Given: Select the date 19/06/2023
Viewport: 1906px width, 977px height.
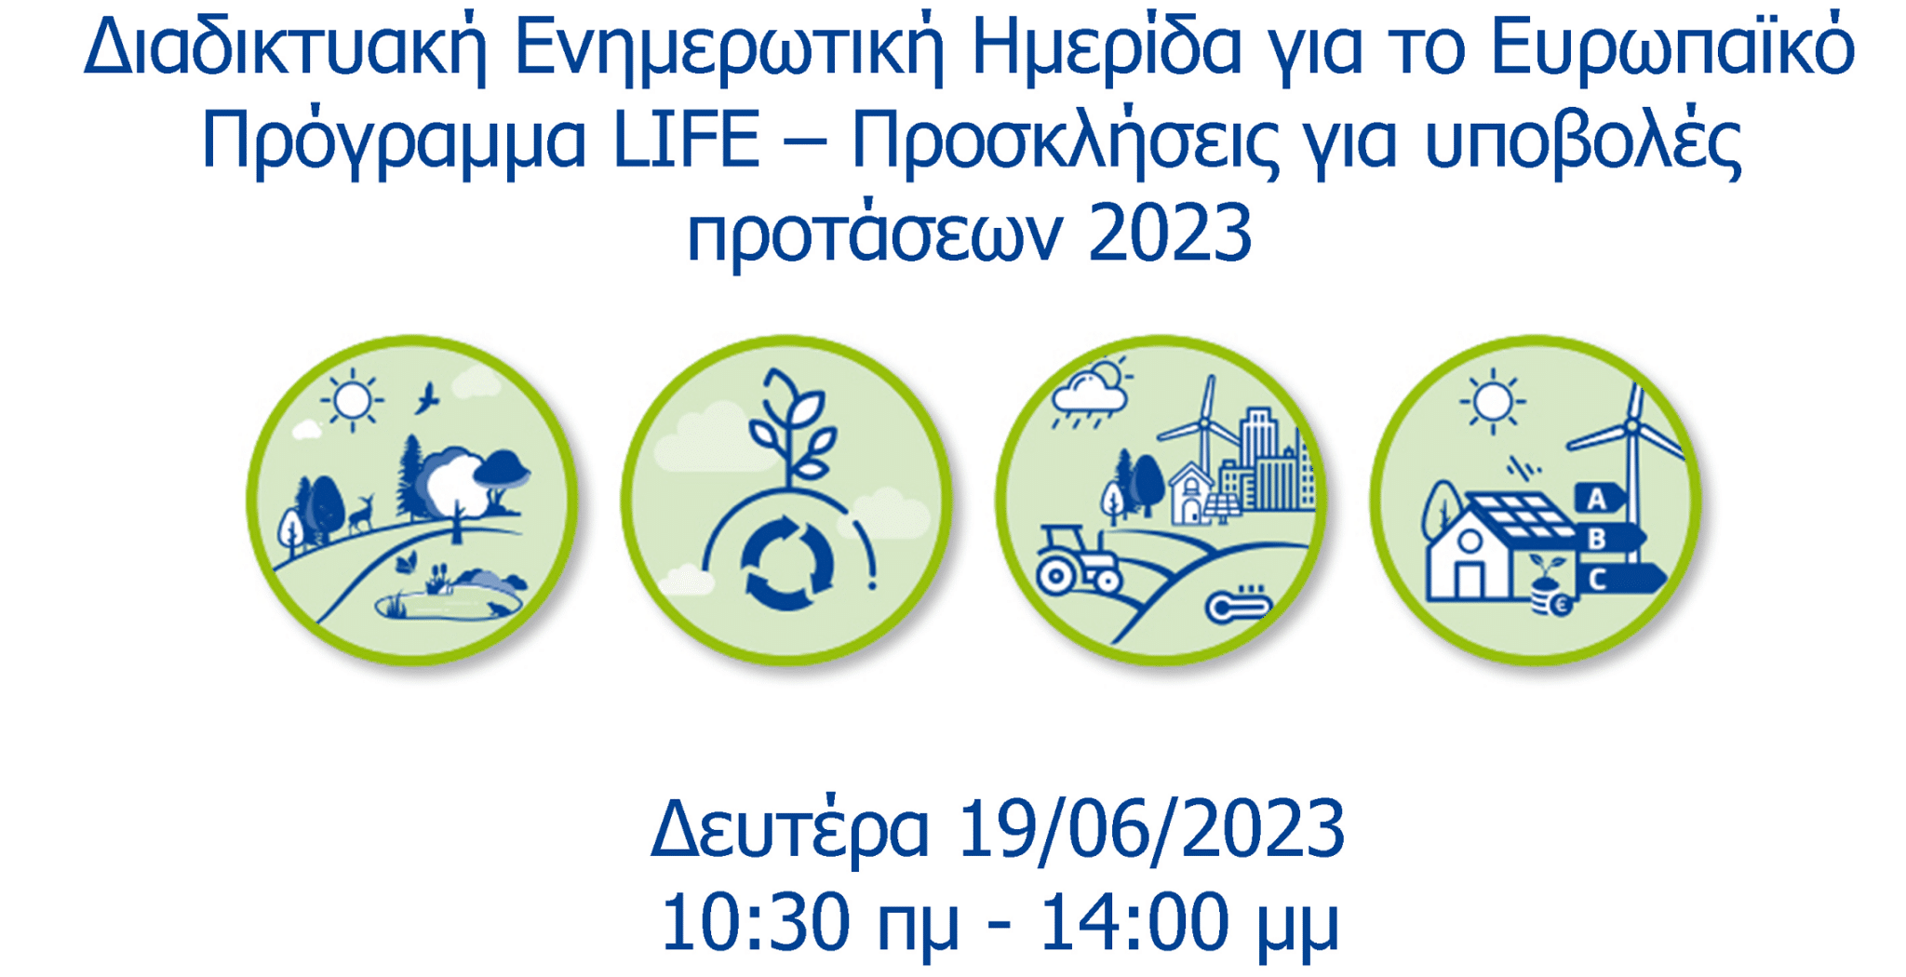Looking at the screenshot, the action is click(1150, 828).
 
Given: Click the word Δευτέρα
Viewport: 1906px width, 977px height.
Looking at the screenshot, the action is click(789, 828).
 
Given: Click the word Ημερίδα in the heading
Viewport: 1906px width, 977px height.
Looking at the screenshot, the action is click(1106, 48).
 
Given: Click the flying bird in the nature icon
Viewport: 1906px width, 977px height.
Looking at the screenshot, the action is click(426, 397).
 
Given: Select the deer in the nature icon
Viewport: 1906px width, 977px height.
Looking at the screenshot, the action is click(361, 514).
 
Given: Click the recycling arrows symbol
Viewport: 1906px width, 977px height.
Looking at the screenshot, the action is click(786, 562).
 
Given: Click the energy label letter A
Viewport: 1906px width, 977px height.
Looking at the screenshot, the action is click(1598, 499).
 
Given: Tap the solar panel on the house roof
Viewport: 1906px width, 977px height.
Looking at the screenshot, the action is click(1517, 517).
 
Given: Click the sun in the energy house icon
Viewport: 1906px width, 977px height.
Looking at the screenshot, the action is click(1493, 402).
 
